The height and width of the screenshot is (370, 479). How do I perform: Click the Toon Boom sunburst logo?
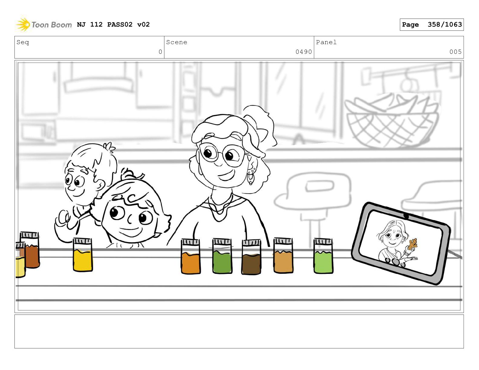click(23, 24)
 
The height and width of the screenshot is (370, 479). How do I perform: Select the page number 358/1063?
click(445, 24)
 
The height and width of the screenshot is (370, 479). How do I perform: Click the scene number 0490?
click(304, 52)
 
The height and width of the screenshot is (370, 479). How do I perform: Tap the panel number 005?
click(455, 52)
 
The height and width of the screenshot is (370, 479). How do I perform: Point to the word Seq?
click(23, 42)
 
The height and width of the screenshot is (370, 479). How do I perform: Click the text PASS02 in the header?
click(120, 24)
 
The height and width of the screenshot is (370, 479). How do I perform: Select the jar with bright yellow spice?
click(83, 255)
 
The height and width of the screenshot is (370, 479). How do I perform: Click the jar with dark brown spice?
click(251, 257)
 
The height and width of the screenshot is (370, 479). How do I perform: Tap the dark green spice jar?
click(222, 256)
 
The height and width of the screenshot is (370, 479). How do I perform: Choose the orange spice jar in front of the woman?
click(191, 257)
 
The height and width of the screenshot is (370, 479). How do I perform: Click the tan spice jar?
click(283, 255)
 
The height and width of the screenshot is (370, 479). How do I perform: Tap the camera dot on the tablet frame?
click(406, 216)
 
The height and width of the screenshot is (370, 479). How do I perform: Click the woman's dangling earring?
click(251, 178)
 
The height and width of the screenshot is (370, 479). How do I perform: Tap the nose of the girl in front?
click(129, 219)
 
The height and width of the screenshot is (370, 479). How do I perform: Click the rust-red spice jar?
click(30, 250)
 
